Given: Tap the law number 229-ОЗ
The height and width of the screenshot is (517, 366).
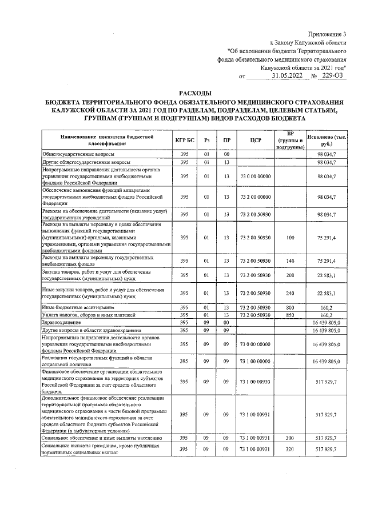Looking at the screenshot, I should [x=333, y=75].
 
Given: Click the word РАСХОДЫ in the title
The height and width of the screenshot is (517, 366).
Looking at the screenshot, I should [x=194, y=92].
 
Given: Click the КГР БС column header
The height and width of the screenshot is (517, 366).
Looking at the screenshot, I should [x=184, y=141].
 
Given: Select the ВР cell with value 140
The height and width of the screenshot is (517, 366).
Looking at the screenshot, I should [x=290, y=261].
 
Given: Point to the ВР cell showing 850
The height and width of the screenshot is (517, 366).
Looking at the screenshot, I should [x=290, y=315].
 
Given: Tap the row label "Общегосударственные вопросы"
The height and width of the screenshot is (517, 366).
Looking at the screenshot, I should [x=78, y=155].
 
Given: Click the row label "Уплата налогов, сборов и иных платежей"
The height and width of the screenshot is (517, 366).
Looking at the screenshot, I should [x=88, y=315].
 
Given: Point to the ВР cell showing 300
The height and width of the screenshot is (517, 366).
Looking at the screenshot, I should [x=290, y=438].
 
